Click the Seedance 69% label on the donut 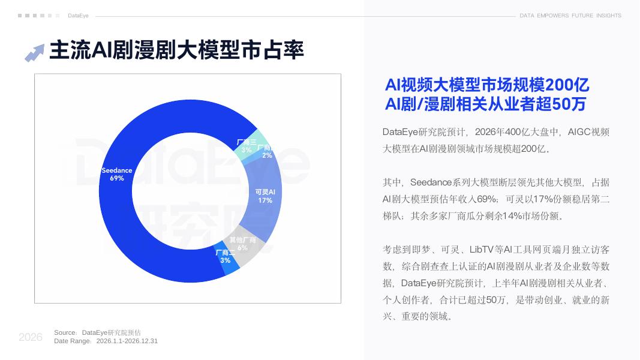click(x=117, y=174)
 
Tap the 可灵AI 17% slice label click(x=265, y=196)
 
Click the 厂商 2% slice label click(x=266, y=151)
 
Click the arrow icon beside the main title click(x=34, y=53)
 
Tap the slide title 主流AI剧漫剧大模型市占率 click(x=177, y=50)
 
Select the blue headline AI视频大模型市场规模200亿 click(x=487, y=85)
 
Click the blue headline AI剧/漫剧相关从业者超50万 click(x=485, y=104)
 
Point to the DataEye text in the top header click(x=78, y=16)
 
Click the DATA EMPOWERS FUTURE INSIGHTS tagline click(x=570, y=16)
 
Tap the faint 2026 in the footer click(x=31, y=337)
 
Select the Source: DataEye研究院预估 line click(x=98, y=332)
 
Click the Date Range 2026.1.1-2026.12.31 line click(x=106, y=341)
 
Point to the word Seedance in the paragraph click(x=431, y=182)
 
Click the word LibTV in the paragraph click(x=481, y=250)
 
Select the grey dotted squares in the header click(x=39, y=16)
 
